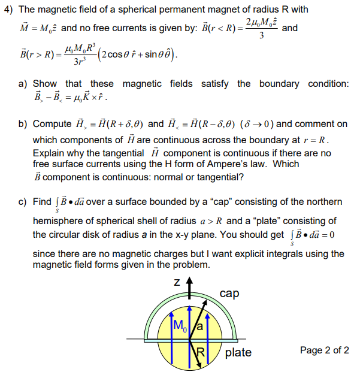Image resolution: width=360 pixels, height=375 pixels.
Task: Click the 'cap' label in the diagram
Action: pyautogui.click(x=230, y=294)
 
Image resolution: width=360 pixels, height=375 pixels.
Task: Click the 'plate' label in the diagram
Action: pyautogui.click(x=238, y=352)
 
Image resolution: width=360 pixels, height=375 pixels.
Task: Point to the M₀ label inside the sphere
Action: pyautogui.click(x=179, y=326)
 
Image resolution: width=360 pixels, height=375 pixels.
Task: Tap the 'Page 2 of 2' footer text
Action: pyautogui.click(x=323, y=350)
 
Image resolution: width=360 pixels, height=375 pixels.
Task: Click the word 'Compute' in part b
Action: pyautogui.click(x=52, y=124)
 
